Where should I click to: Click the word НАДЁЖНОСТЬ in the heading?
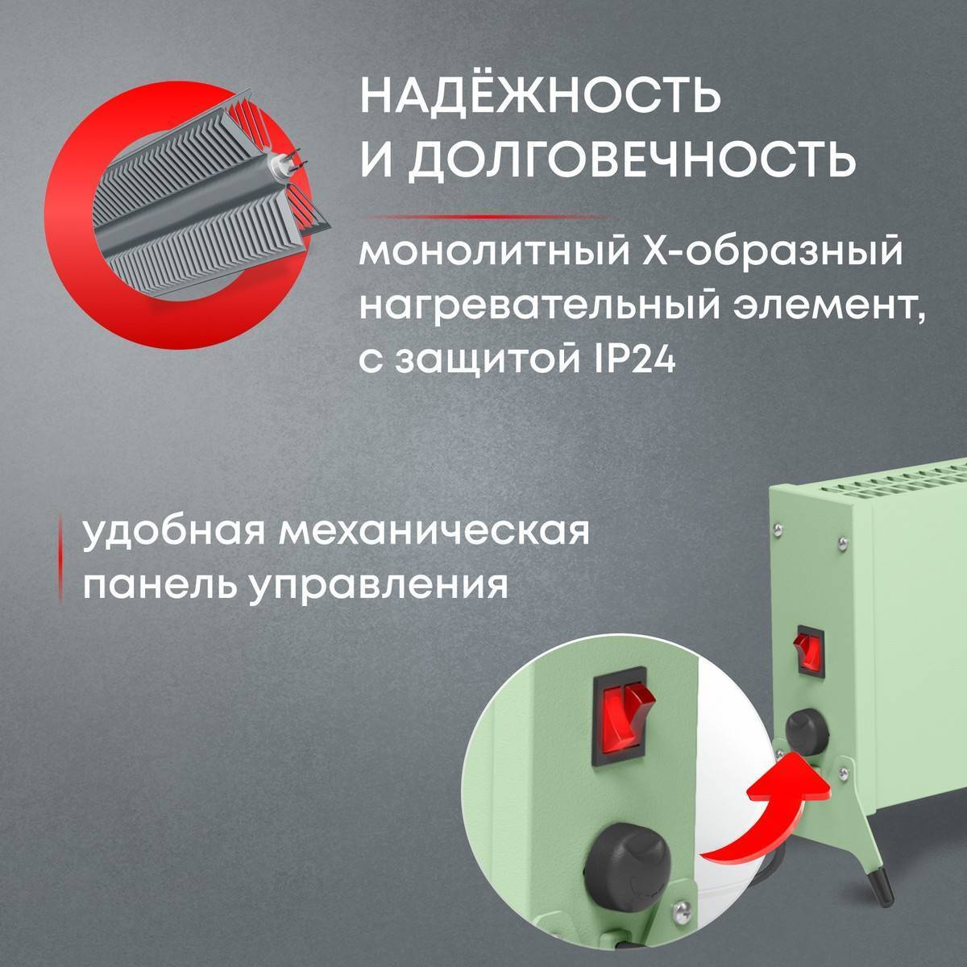tap(539, 97)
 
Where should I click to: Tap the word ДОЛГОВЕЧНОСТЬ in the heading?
tap(632, 160)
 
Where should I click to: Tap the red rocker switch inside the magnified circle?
tap(621, 710)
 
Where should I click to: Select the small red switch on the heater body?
tap(809, 650)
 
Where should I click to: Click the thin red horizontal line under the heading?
tap(483, 217)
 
